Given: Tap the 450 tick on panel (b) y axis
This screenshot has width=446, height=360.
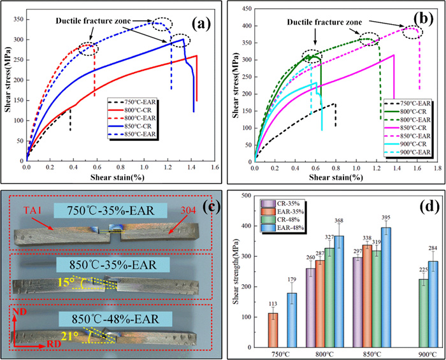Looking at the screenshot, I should (244, 8).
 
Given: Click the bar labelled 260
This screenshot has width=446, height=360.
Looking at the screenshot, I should (329, 302).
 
